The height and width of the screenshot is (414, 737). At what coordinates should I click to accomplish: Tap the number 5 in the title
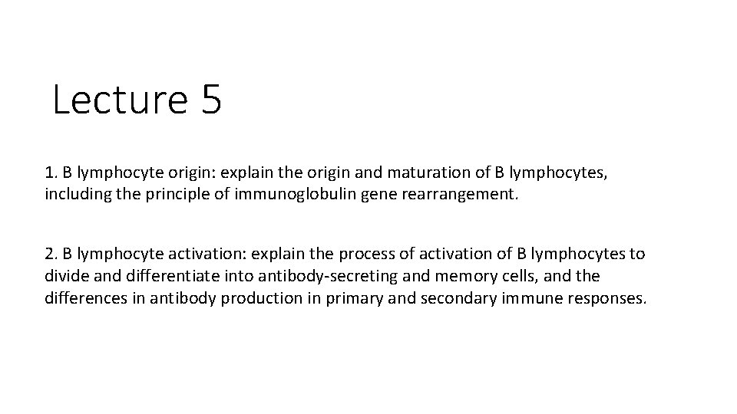tap(212, 100)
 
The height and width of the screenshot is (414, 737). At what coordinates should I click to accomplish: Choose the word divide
tap(66, 276)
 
